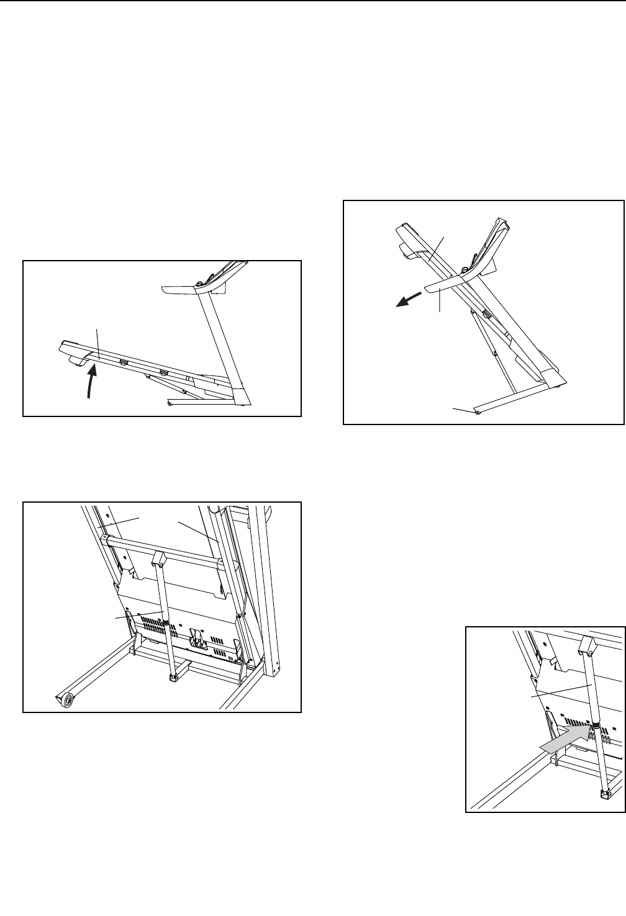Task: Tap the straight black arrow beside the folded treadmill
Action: pyautogui.click(x=402, y=302)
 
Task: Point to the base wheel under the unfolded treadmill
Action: pyautogui.click(x=170, y=404)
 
